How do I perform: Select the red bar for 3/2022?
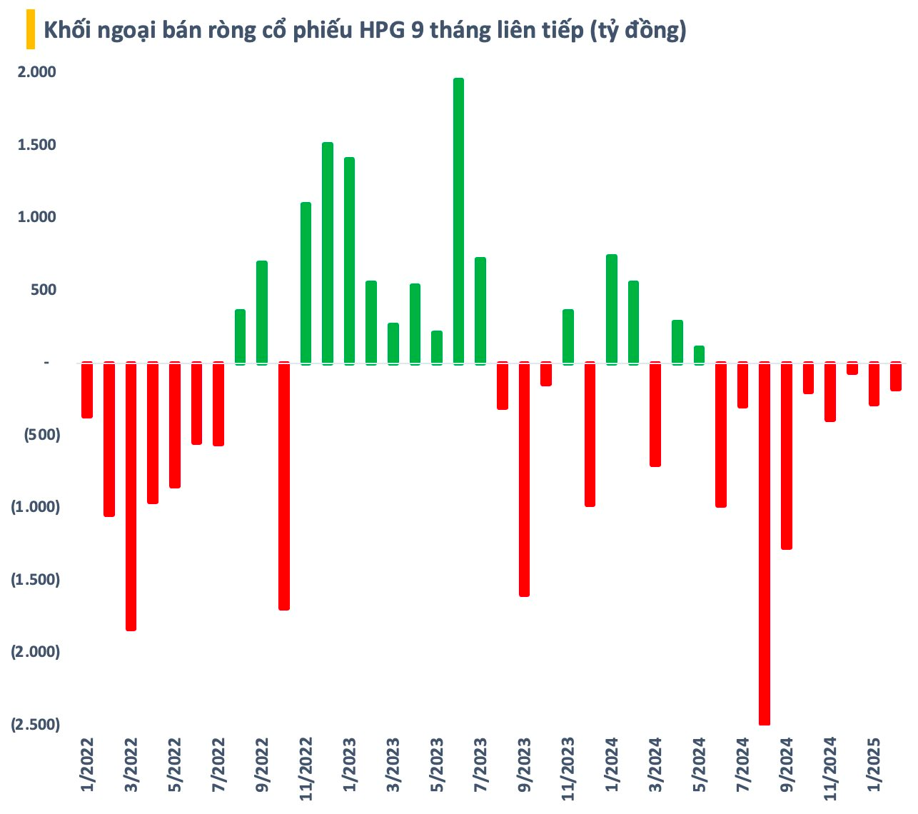point(131,496)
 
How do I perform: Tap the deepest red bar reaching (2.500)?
point(765,543)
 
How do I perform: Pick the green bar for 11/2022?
point(306,283)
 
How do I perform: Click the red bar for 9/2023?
point(524,478)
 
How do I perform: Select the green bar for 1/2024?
point(611,308)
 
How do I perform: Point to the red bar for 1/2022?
point(87,390)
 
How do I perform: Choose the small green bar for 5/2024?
point(699,355)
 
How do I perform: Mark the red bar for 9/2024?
point(787,456)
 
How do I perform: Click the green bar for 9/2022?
point(262,312)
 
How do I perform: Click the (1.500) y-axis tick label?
point(36,579)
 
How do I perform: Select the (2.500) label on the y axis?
point(36,724)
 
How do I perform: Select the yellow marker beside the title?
point(30,31)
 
